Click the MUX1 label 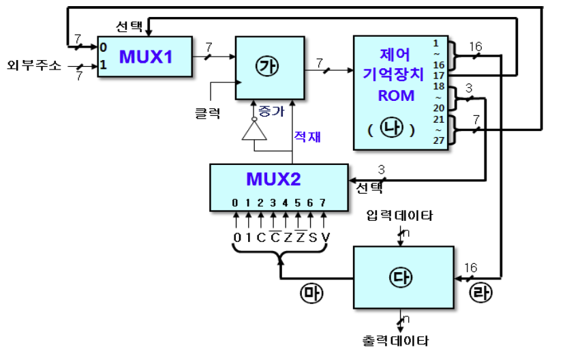[146, 57]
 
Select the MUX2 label [273, 179]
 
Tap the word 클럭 [207, 113]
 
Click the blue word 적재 [307, 136]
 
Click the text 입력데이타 [399, 216]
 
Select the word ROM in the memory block [395, 95]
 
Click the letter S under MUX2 [311, 237]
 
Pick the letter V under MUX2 [324, 237]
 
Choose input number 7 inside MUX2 [324, 202]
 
